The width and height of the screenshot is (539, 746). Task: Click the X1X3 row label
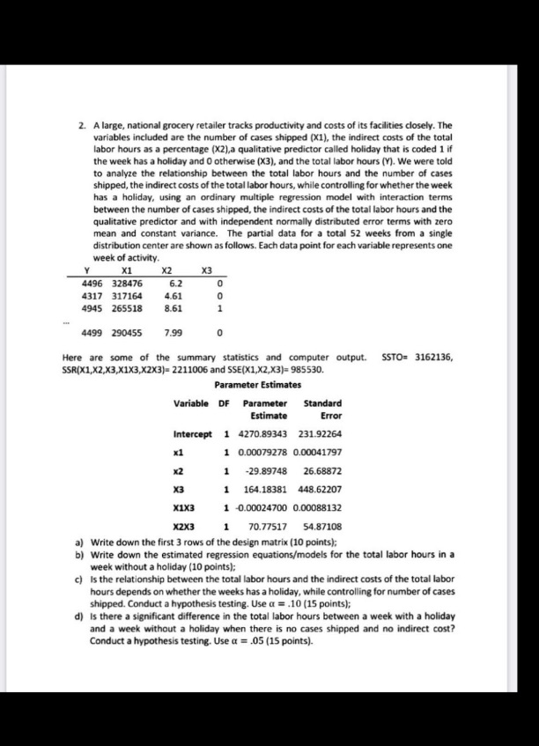tap(185, 506)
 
